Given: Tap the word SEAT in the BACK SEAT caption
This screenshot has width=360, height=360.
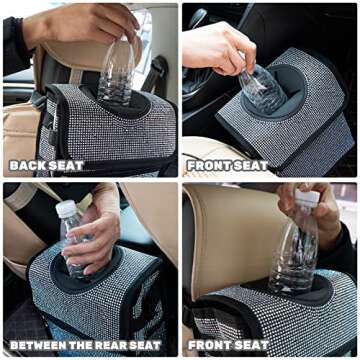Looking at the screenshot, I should point(71,164).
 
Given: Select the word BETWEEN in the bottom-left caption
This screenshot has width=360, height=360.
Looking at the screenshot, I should point(37,346).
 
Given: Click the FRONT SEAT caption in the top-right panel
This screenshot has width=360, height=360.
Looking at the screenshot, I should point(229,164).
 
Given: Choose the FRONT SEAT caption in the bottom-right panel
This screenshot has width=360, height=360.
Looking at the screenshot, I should point(229,346).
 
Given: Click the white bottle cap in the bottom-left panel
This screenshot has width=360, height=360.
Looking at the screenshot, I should point(66,208).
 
